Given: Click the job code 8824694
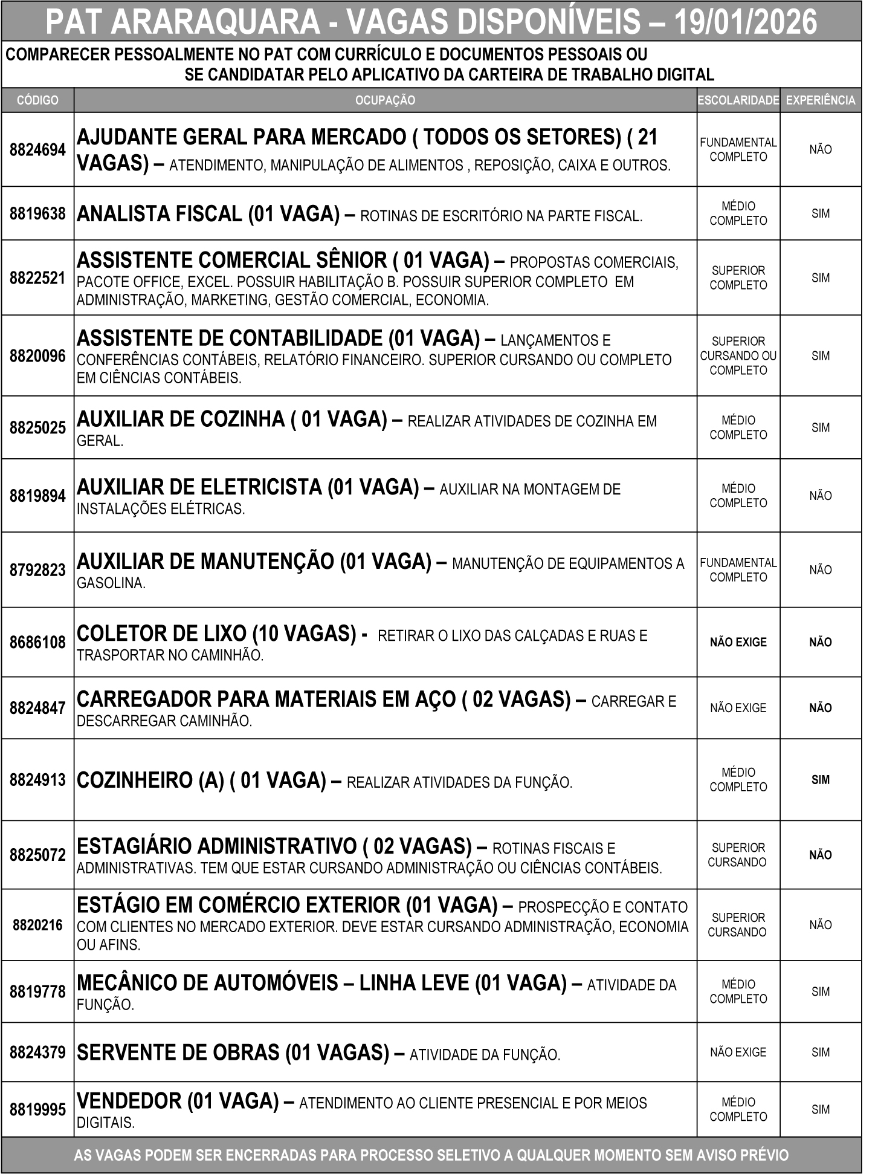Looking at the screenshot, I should point(37,150).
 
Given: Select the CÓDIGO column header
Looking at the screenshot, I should point(37,100).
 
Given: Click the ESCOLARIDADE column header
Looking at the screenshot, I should point(738,100).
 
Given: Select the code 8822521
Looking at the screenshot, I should point(37,278).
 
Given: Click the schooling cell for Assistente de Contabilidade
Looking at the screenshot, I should point(738,355).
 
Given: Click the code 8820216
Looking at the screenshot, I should point(37,925).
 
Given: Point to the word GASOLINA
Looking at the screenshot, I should point(111,584).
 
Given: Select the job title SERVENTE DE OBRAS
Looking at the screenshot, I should point(178,1052).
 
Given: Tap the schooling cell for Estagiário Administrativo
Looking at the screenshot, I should point(738,855).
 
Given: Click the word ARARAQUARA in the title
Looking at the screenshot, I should point(216,22).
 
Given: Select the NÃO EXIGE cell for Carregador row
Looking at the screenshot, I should point(738,708).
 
